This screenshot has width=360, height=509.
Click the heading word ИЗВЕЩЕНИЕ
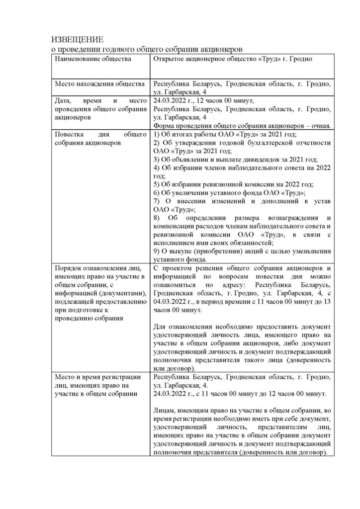tap(78, 40)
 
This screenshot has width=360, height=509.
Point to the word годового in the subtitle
tap(118, 49)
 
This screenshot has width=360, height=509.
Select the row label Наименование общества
tap(93, 59)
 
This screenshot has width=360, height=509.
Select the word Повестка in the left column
tap(71, 134)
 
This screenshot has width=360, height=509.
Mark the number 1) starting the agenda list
tap(156, 134)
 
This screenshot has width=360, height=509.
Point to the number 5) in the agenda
tap(156, 184)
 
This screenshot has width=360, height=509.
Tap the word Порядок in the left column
tap(70, 268)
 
